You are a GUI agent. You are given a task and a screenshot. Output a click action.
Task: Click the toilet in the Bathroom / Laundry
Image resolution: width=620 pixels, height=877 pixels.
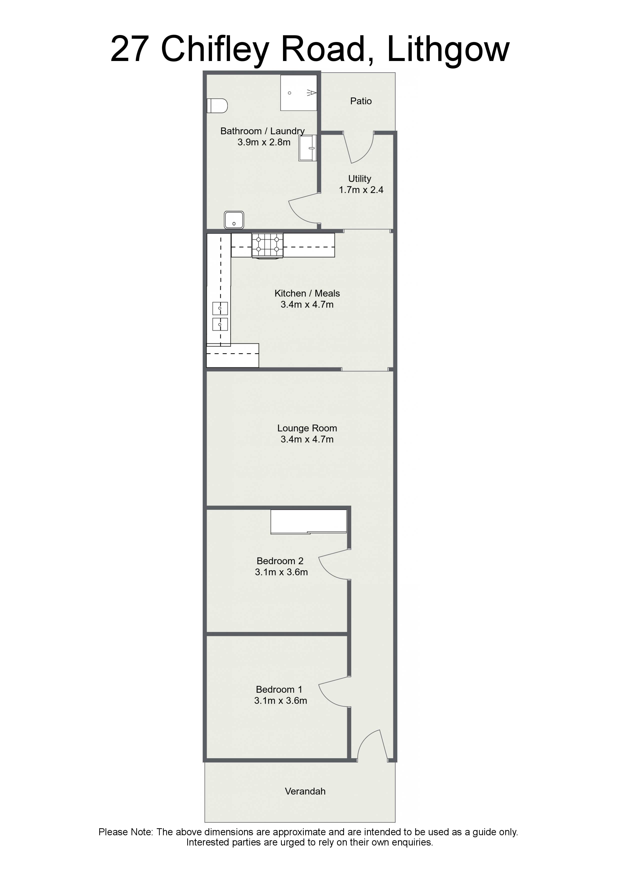click(217, 106)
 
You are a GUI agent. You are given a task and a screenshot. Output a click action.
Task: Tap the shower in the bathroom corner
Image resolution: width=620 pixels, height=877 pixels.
click(299, 93)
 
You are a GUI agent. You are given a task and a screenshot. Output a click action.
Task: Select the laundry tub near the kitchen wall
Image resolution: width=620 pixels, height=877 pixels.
click(234, 220)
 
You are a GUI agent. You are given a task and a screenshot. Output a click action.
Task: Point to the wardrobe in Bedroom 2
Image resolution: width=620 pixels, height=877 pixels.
click(309, 521)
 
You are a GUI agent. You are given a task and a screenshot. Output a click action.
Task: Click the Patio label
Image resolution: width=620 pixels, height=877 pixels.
click(360, 101)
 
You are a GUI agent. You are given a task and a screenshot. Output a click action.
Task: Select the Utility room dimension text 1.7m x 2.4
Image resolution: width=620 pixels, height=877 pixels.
click(361, 190)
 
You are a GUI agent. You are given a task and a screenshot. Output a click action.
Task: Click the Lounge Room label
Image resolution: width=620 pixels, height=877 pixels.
click(307, 428)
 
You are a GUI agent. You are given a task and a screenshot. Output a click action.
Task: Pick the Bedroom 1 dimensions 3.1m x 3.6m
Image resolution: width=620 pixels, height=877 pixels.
click(281, 700)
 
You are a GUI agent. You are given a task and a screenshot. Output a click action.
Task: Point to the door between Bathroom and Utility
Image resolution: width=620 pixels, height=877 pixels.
click(304, 208)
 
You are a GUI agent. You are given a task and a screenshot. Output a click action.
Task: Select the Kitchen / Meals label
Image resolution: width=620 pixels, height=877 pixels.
click(307, 293)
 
